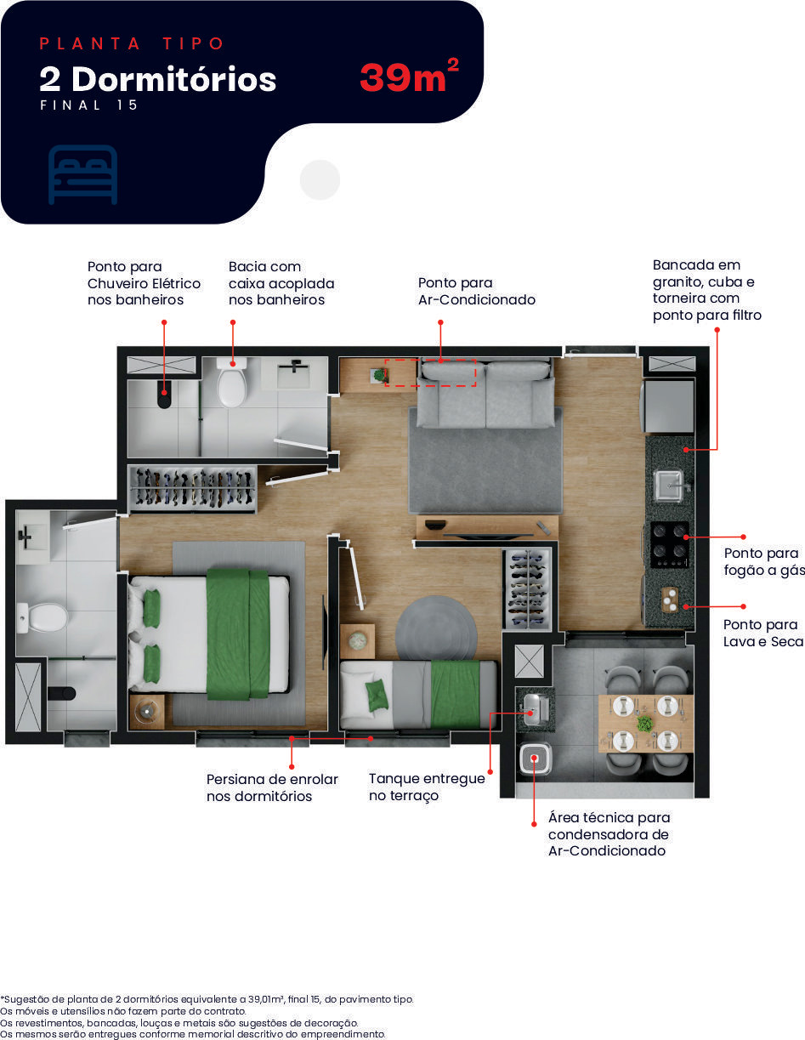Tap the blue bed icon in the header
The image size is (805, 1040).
coord(82,174)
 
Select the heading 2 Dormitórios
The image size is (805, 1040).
coord(158,79)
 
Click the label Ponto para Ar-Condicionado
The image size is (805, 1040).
coord(476,291)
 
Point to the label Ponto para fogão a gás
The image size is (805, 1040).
coord(764,561)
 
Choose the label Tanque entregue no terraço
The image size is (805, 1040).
coord(427,787)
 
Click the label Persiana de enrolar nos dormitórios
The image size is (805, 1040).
coord(272,787)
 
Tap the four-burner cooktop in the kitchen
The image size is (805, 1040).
coord(670,545)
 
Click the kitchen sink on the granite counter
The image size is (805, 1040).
coord(670,486)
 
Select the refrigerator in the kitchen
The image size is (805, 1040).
coord(668,406)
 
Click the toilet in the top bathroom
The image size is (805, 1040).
coord(232,383)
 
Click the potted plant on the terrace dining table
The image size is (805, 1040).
coord(645,724)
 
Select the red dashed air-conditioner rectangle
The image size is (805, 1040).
coord(430,372)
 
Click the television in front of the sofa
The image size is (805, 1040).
coord(488,535)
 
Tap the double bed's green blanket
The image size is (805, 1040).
coord(238,634)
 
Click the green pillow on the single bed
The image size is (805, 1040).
coord(377,695)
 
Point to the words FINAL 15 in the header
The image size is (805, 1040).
coord(89,105)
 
